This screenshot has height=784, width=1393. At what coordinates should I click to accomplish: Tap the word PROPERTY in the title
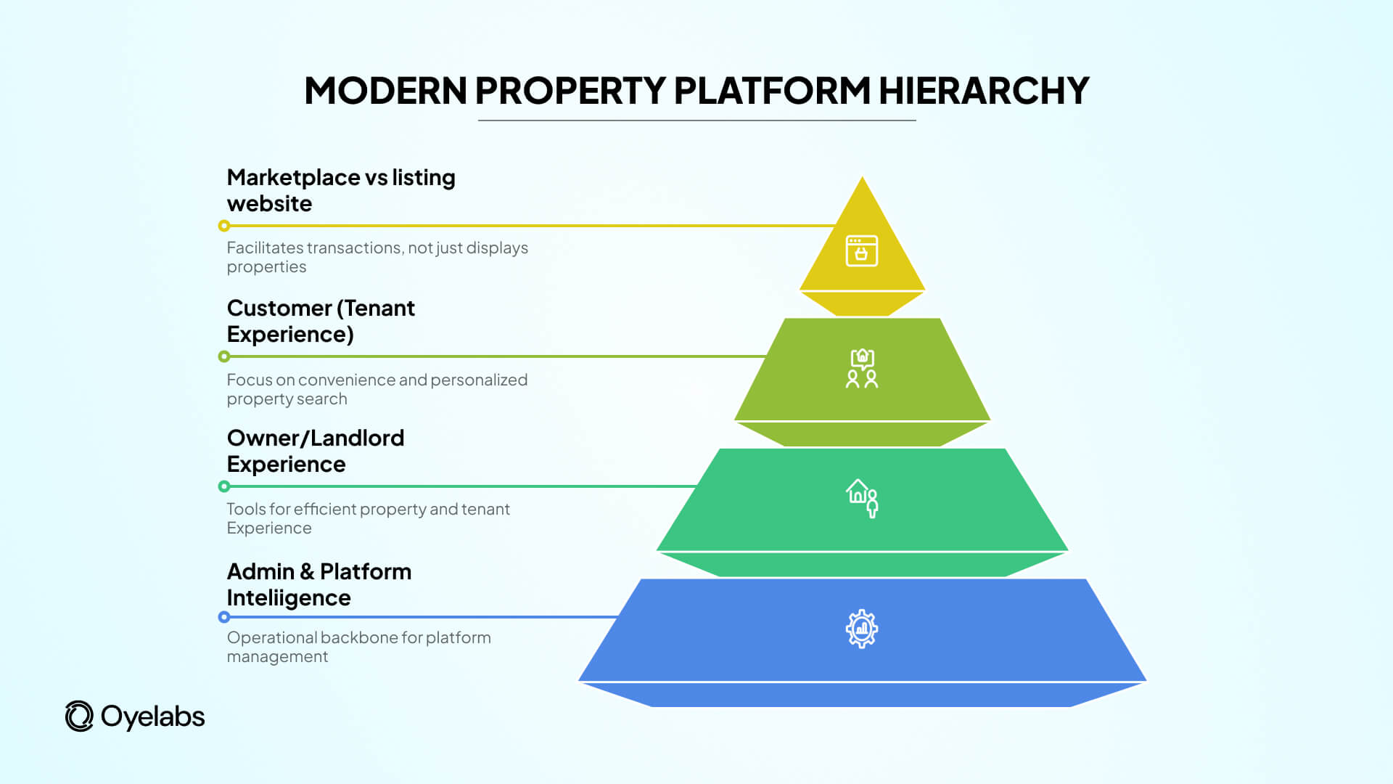570,91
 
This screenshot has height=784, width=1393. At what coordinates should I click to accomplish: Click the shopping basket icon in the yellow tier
862,251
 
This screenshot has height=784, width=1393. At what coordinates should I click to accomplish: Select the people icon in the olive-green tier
862,369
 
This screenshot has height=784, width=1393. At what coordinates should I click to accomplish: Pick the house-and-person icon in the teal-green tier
862,498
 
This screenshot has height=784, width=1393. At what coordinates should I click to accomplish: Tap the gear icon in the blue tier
862,629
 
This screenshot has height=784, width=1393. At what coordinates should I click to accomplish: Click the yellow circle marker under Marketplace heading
224,226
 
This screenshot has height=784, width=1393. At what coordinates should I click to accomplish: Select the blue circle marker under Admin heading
224,617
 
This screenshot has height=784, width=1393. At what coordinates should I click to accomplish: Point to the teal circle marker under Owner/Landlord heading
224,486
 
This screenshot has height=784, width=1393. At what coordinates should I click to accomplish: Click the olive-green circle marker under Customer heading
224,356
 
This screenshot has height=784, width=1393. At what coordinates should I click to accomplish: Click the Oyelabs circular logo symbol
79,716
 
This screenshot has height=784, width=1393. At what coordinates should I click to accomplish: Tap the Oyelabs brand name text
152,717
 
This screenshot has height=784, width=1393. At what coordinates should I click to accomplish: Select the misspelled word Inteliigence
289,598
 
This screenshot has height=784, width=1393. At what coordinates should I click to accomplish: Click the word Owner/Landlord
316,438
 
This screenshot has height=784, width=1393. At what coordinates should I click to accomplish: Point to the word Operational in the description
271,638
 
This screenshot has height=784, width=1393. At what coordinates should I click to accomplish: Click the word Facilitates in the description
265,248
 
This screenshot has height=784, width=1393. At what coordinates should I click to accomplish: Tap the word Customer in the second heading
279,309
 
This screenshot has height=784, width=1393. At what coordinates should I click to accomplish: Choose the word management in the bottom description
277,657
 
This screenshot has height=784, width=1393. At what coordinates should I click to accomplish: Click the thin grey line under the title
696,121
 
